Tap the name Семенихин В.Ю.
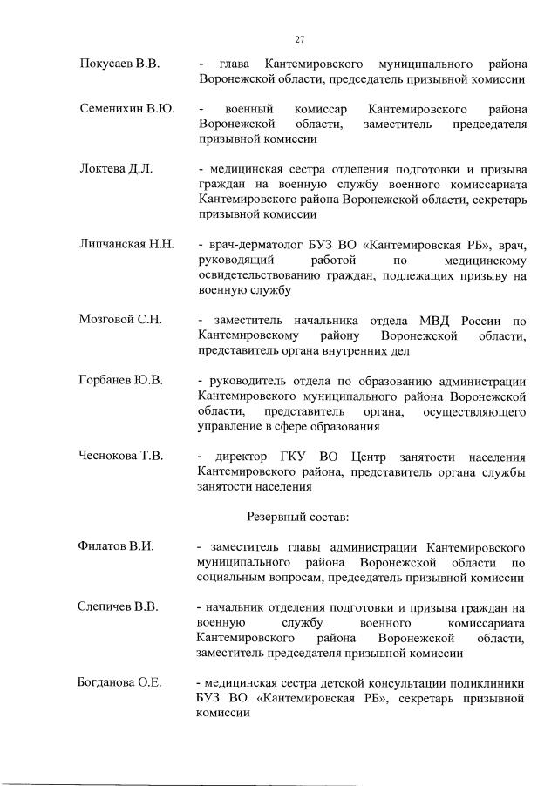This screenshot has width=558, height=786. pyautogui.click(x=127, y=110)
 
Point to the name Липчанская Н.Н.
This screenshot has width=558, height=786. pyautogui.click(x=127, y=243)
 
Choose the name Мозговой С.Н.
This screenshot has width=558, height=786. pyautogui.click(x=120, y=320)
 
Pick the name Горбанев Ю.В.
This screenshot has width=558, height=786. pyautogui.click(x=121, y=381)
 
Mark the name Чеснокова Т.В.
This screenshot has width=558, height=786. pyautogui.click(x=126, y=457)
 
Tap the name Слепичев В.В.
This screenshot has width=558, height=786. pyautogui.click(x=119, y=606)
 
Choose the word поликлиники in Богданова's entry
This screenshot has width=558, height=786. pyautogui.click(x=487, y=682)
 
